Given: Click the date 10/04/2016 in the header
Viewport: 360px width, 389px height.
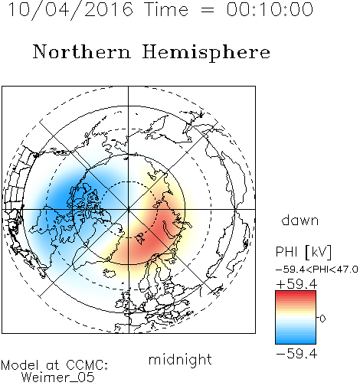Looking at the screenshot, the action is pos(70,10).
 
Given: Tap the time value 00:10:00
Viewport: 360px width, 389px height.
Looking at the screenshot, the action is pos(270,10).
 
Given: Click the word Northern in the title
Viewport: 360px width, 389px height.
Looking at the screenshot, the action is pos(82,51).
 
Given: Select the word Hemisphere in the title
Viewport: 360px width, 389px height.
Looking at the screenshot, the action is pos(206,53).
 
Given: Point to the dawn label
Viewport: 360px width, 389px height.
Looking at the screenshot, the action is pos(300,221).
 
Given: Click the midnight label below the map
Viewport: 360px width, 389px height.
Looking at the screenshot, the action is pos(180,361).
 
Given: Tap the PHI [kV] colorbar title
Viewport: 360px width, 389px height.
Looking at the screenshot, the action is pos(303,252).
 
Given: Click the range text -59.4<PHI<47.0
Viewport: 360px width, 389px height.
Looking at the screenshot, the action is pos(317,270).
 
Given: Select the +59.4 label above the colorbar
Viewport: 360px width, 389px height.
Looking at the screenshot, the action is pos(296,284).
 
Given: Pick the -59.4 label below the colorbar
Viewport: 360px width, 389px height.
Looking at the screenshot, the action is pos(296,354).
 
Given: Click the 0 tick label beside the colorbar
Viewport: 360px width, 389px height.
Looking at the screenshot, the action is pos(322,319).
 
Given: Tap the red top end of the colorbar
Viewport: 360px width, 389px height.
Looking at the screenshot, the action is pos(296,293).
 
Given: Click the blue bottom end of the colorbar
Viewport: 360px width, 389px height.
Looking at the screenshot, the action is pos(296,342).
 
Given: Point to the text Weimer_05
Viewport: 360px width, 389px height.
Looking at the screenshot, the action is pos(58,378).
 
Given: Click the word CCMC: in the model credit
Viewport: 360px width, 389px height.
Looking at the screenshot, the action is pos(87,365).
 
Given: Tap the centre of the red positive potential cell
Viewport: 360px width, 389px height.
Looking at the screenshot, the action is pos(155,230).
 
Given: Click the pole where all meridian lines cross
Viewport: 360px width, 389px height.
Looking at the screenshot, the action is pos(129,209).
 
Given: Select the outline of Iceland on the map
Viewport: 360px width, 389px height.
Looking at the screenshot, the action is pos(110,273).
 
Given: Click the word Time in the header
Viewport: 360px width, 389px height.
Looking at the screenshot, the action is pos(166,10).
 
